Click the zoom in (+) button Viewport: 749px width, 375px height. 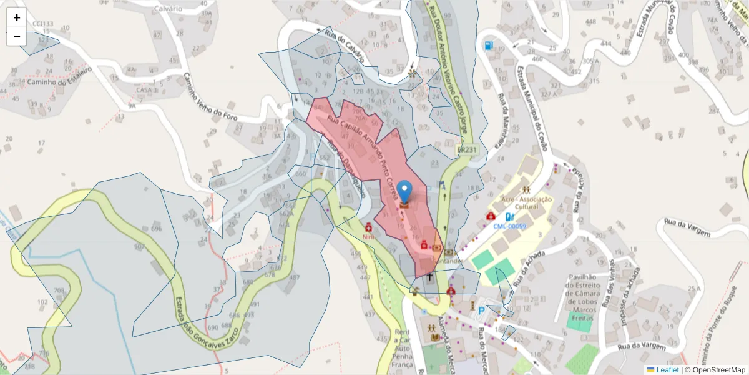coord(17,17)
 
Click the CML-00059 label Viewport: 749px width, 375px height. coord(509,226)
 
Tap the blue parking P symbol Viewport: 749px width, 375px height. coord(481,311)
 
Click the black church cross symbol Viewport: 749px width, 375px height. coord(429,277)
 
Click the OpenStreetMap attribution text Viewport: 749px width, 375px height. coord(715,370)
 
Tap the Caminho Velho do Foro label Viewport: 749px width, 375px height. coord(212,97)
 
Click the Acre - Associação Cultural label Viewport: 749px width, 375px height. coord(527,202)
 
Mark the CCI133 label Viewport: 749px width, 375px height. coord(43,24)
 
